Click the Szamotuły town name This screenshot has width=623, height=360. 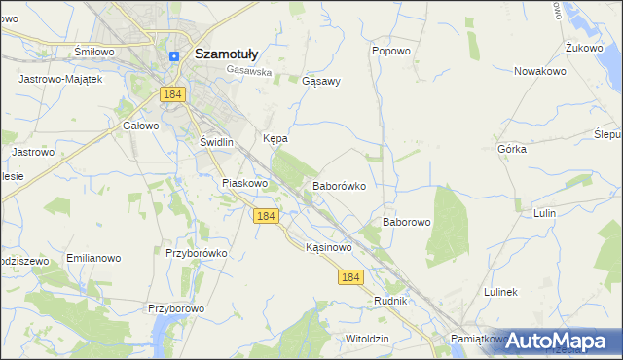226,54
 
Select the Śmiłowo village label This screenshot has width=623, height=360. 94,51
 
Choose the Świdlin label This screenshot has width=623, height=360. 216,142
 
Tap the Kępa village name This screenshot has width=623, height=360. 275,139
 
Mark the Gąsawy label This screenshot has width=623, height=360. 321,81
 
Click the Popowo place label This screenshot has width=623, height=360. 391,50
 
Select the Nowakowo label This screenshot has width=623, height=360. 540,70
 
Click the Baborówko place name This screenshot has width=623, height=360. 339,184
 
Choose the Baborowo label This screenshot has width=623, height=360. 406,222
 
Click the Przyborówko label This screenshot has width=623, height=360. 196,253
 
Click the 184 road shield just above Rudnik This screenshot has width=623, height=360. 351,277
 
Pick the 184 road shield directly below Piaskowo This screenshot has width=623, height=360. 266,216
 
